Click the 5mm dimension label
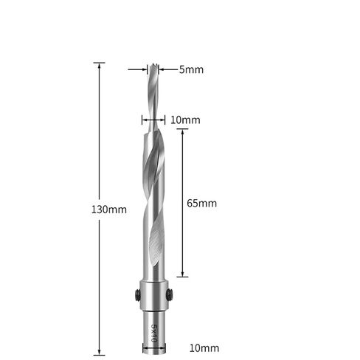pyautogui.click(x=191, y=69)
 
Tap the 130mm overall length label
pyautogui.click(x=109, y=210)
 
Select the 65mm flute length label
pyautogui.click(x=201, y=203)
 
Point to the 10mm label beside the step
pyautogui.click(x=185, y=120)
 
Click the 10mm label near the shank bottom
pyautogui.click(x=204, y=348)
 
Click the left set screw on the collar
pyautogui.click(x=136, y=295)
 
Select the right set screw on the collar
pyautogui.click(x=169, y=294)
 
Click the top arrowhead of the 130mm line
pyautogui.click(x=100, y=65)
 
